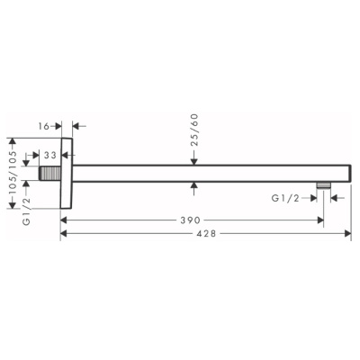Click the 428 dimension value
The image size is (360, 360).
tap(206, 233)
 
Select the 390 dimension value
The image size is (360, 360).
tap(190, 220)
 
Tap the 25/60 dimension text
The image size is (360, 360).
tap(194, 130)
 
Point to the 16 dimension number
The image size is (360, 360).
tap(44, 126)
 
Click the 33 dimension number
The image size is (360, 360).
tap(50, 155)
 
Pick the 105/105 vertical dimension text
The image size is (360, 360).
tap(13, 174)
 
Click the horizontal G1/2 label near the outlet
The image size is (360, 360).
tap(285, 198)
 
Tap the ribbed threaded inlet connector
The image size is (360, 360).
tap(50, 174)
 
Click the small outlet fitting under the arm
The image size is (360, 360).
tap(323, 185)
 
